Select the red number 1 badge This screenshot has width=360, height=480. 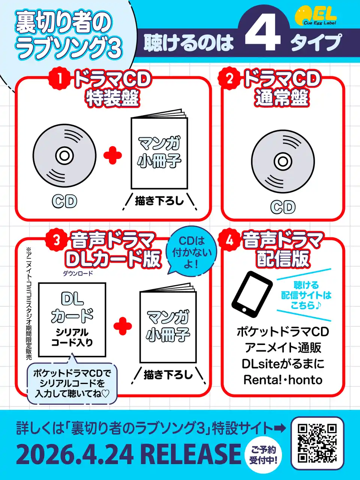tap(59, 79)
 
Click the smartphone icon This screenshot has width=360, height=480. tap(252, 294)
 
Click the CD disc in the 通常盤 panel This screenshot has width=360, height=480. tap(283, 162)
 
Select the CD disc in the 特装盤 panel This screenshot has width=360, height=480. tap(64, 156)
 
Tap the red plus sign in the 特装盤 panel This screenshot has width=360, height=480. tap(112, 156)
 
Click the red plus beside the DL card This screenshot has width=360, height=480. tap(123, 326)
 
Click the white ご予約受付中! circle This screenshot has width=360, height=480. tap(263, 456)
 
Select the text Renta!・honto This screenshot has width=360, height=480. tap(283, 380)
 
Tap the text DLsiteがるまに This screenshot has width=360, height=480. tap(283, 364)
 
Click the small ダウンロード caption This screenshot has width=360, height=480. tap(78, 273)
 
